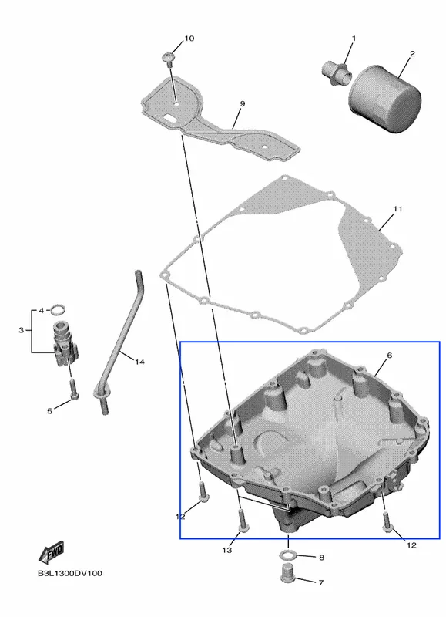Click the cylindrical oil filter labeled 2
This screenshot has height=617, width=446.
point(384,99)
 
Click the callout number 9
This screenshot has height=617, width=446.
point(242,104)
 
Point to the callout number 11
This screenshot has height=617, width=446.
point(397,208)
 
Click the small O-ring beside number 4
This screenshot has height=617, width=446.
point(58,310)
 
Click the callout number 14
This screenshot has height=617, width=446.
point(140,362)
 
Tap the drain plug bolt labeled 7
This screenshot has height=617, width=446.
point(287,573)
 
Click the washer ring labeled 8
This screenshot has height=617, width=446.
point(288,555)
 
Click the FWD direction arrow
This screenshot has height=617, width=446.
point(51,553)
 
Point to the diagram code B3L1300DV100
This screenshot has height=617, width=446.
point(69,573)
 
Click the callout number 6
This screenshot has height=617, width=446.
point(390,356)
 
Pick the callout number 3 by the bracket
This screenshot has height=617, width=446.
point(22,330)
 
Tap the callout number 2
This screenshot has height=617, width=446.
point(412,53)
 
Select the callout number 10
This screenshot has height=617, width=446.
point(189,38)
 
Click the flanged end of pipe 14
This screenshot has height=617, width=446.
point(101,393)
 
